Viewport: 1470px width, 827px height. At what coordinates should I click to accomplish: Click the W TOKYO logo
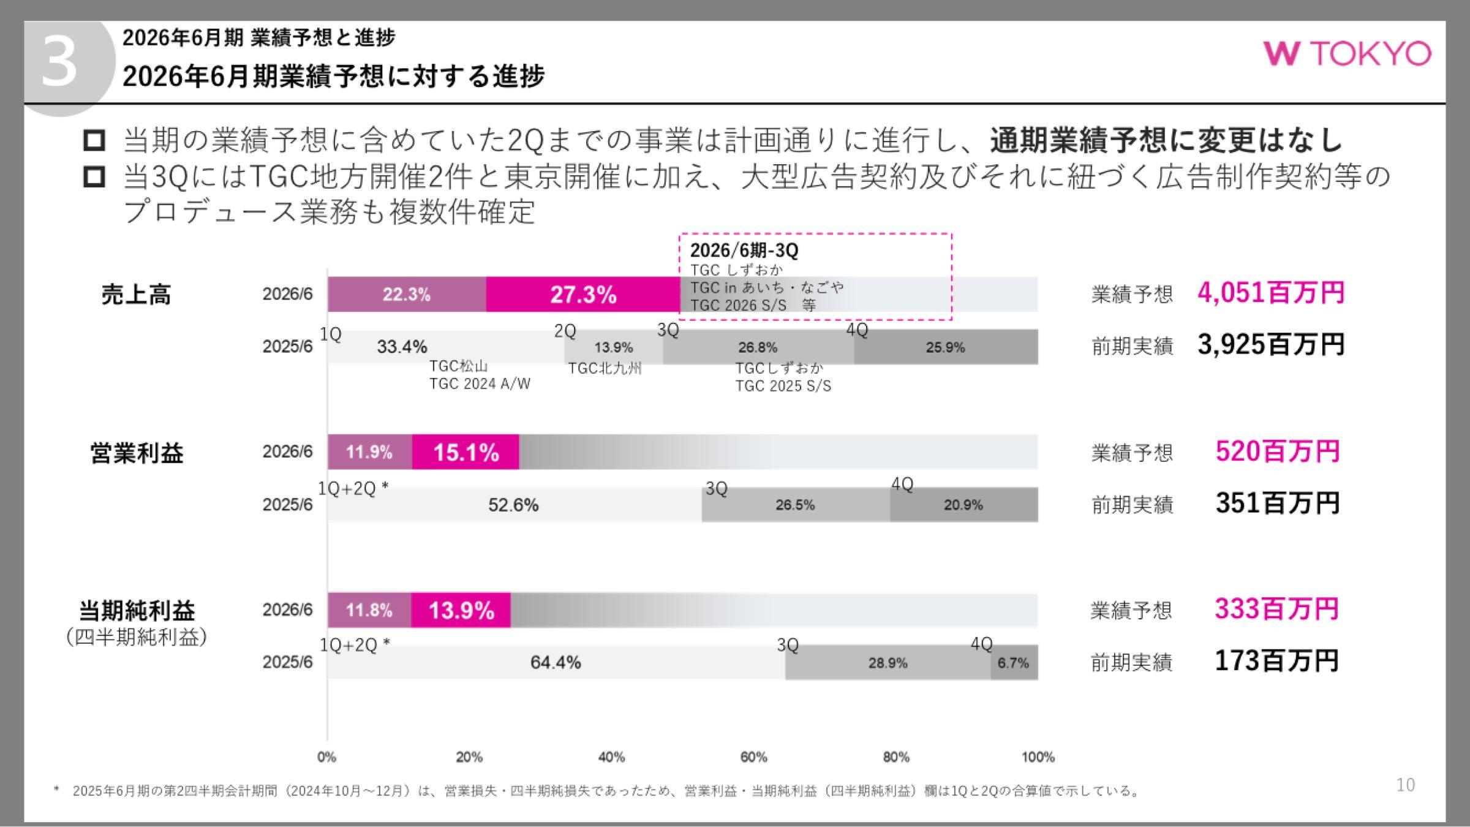click(1347, 54)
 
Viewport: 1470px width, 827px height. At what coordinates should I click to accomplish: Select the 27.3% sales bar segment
click(582, 295)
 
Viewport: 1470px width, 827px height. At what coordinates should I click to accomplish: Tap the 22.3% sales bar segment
click(407, 295)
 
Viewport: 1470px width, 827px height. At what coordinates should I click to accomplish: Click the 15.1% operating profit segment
click(466, 453)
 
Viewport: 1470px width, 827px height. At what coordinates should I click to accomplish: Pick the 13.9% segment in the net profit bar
click(461, 611)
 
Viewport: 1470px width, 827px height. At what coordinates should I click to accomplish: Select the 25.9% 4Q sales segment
click(945, 347)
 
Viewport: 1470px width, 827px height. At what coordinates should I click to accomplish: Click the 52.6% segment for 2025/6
click(513, 505)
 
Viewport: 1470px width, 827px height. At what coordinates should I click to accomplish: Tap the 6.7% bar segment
click(1014, 663)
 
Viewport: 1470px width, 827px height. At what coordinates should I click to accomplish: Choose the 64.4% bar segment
click(556, 663)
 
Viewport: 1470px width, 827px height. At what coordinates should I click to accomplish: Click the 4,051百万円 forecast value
click(1271, 293)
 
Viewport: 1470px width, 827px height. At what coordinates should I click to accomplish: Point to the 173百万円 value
click(1276, 661)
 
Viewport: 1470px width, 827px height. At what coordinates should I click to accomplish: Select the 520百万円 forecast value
click(1278, 451)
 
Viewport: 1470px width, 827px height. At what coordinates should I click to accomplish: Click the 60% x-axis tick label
click(753, 757)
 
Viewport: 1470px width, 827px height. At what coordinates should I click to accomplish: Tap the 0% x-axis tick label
click(326, 757)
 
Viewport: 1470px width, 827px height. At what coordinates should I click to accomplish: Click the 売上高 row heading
click(136, 295)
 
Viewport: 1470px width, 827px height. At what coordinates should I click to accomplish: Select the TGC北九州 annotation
click(605, 368)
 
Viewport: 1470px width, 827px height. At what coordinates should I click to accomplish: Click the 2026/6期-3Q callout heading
click(744, 251)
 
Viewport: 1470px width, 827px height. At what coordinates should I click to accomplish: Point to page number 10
click(1405, 785)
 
